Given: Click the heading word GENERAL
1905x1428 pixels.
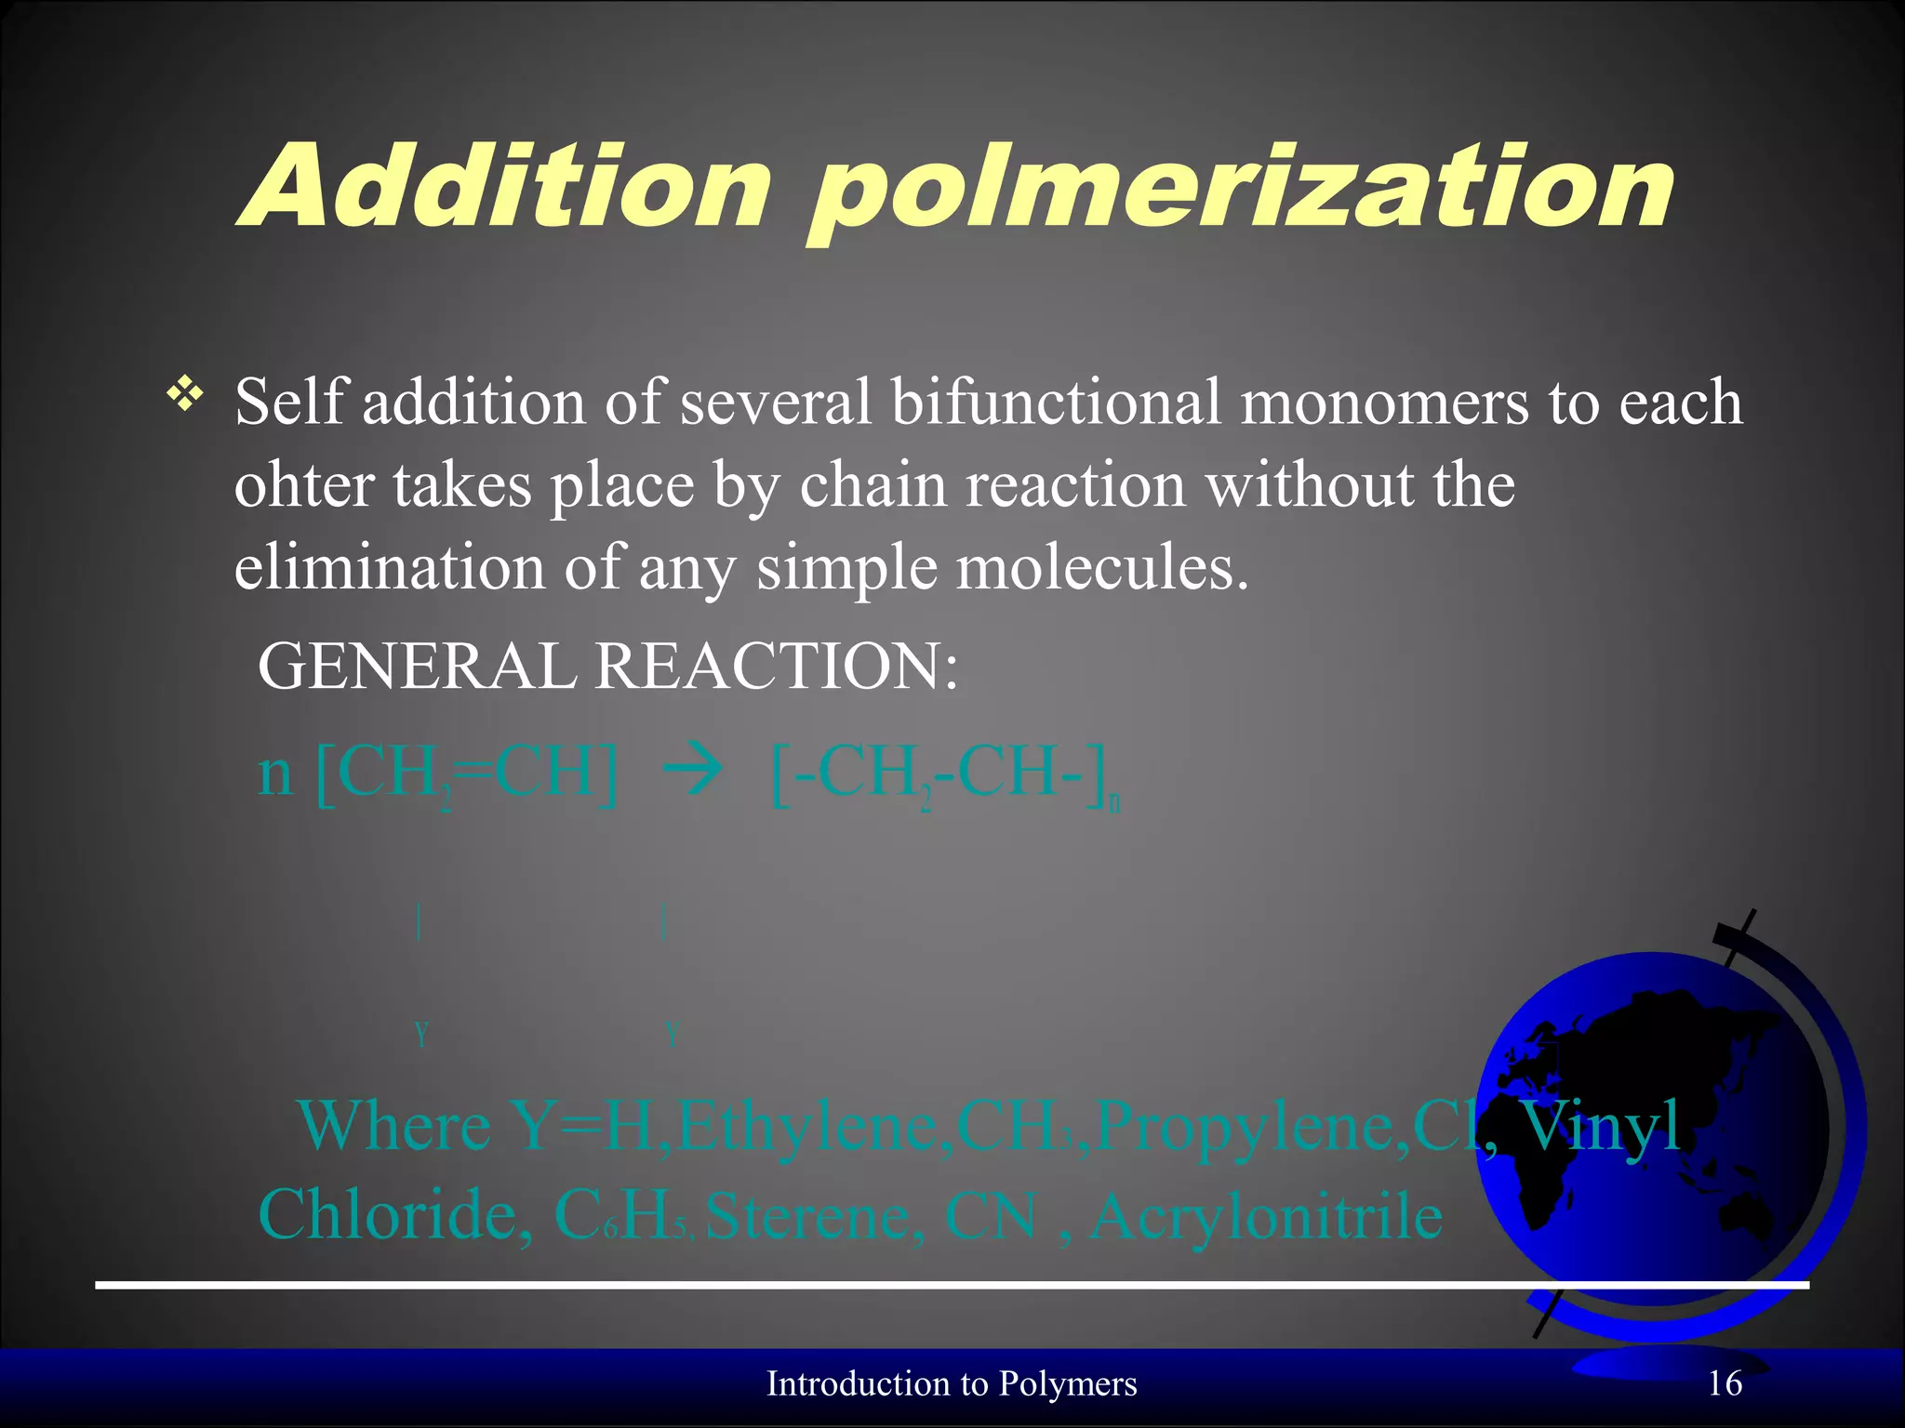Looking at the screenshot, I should [x=417, y=667].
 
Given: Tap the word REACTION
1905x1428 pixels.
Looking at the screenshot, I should [x=777, y=667].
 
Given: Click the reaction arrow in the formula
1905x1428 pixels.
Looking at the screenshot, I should [x=691, y=773].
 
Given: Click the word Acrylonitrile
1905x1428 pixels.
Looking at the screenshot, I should [x=1266, y=1216].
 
